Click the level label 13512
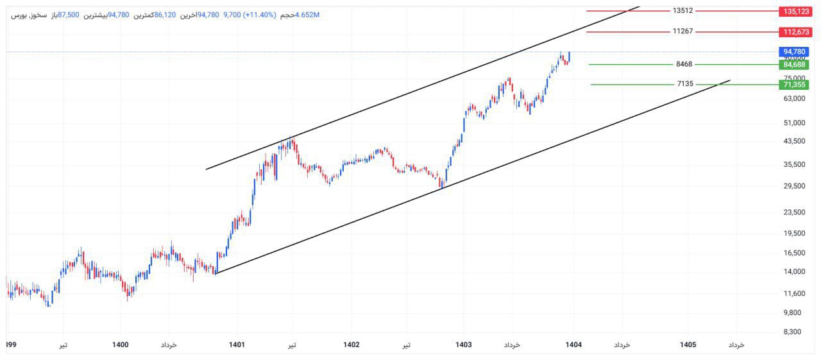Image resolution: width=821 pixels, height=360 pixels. point(682,10)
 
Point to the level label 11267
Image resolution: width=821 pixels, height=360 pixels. point(682,31)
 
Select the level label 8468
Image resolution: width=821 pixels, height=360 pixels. point(684,64)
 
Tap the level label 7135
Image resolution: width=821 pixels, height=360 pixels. point(684,83)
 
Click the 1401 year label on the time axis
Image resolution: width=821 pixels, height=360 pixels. point(237,345)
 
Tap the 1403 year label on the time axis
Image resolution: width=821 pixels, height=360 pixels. point(463,345)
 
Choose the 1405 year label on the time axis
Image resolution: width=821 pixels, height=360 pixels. point(688,345)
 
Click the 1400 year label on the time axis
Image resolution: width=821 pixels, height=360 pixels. point(121,345)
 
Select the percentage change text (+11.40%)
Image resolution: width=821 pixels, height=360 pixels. point(259,15)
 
